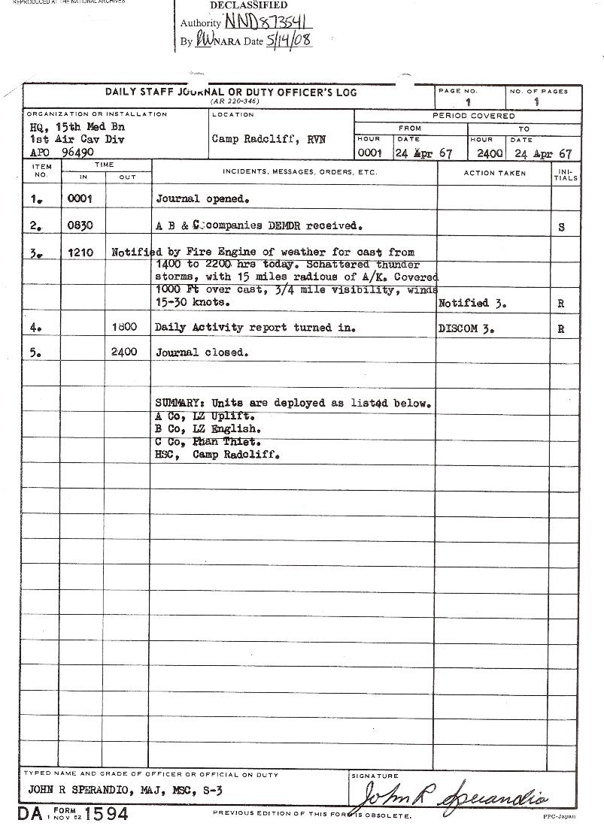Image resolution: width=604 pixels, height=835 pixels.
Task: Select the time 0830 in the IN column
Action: point(79,225)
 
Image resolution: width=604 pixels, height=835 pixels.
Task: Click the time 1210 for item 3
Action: point(80,253)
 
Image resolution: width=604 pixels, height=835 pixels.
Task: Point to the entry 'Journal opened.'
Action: point(202,199)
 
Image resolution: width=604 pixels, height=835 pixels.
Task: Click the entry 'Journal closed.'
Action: point(202,352)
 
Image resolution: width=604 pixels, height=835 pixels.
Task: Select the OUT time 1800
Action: point(123,328)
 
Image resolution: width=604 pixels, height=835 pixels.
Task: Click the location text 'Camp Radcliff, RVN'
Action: point(269,140)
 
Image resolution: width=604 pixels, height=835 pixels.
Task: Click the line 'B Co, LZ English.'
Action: point(208,429)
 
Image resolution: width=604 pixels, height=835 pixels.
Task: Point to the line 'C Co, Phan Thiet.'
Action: point(208,442)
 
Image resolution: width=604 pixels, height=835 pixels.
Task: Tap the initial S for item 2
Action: point(562,227)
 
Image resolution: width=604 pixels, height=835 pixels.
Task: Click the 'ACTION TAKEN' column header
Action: point(494,173)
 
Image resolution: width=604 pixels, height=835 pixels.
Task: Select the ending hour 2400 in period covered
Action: point(490,153)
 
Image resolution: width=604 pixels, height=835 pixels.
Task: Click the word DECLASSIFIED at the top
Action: point(248,5)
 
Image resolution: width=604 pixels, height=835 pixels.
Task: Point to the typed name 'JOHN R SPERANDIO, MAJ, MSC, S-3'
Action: point(125,790)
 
